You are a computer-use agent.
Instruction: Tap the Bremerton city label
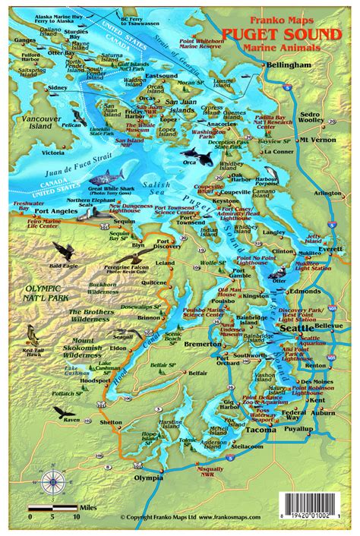203,345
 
